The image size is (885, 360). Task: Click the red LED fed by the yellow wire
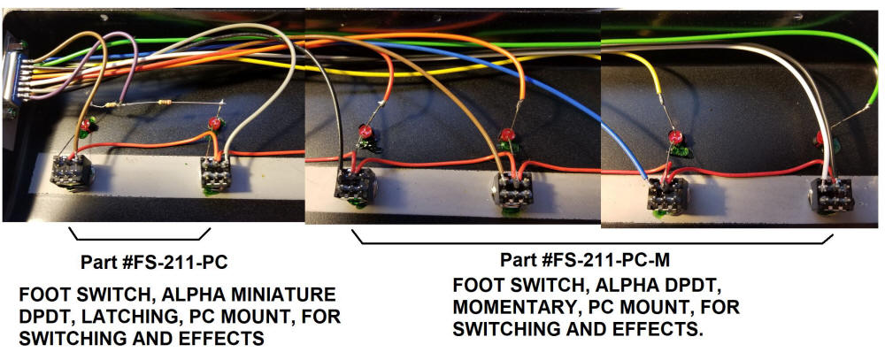coord(675,137)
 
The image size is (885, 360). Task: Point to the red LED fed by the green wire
coord(822,137)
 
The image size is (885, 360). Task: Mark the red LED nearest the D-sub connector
coord(86,126)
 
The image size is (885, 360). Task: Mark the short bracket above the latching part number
coord(140,236)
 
